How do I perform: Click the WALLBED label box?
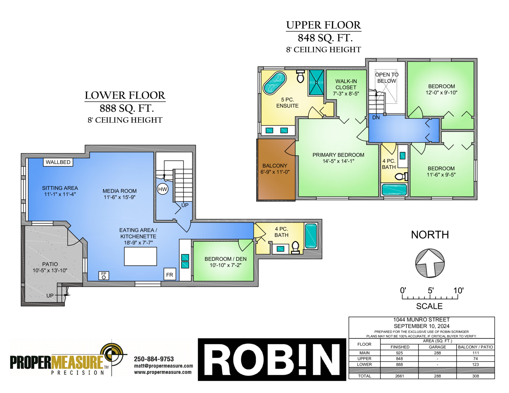tap(58, 162)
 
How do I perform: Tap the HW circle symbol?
tap(163, 189)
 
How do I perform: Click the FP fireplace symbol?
tap(104, 275)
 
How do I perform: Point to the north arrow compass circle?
tap(430, 263)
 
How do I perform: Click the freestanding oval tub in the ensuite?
tap(275, 83)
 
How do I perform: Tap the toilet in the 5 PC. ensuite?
tap(301, 76)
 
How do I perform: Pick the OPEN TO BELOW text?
tap(387, 78)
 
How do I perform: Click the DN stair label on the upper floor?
tap(376, 118)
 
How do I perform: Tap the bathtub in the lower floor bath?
tap(311, 236)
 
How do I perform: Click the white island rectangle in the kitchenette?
tap(140, 256)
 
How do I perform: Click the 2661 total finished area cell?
tap(399, 376)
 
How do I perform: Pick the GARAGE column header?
tap(437, 347)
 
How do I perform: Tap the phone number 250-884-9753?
tap(154, 359)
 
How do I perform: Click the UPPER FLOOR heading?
tap(324, 25)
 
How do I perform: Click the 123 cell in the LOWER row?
tap(475, 364)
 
